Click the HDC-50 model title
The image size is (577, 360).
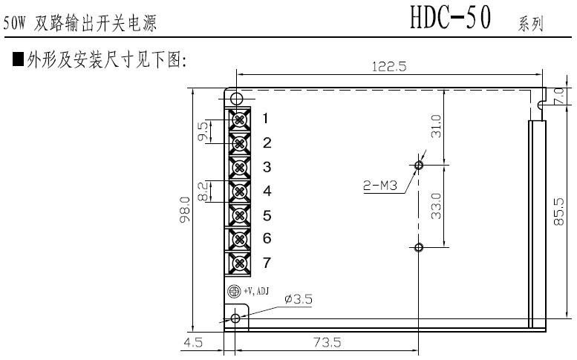(x=451, y=20)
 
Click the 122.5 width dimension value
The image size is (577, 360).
(x=389, y=66)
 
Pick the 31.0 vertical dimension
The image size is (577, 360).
(x=436, y=126)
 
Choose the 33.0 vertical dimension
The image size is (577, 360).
(x=436, y=205)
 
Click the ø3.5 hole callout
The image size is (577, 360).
(x=298, y=299)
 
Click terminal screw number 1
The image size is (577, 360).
(x=240, y=119)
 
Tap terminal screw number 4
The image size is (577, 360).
(x=240, y=192)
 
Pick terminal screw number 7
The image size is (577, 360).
(x=240, y=263)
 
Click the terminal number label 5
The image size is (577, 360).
(x=267, y=216)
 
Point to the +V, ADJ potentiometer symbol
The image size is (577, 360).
(x=232, y=292)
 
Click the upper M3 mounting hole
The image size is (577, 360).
(x=419, y=165)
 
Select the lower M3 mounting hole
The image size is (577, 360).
(x=419, y=246)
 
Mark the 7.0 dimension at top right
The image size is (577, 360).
(x=561, y=96)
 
